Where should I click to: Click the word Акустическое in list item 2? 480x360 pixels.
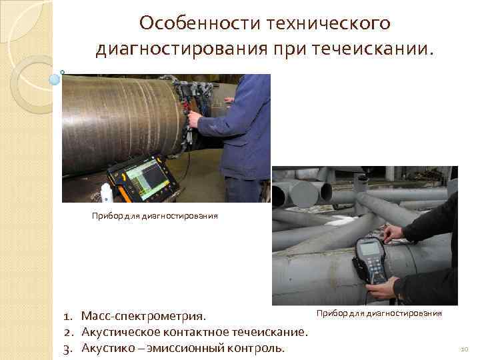point(122,331)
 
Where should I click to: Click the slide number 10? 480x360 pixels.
point(465,349)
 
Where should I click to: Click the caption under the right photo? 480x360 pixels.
point(379,312)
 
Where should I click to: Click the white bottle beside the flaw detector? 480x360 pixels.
point(106,194)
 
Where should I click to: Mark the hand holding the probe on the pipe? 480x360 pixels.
point(393,233)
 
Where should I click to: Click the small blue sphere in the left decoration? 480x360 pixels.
point(55,81)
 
